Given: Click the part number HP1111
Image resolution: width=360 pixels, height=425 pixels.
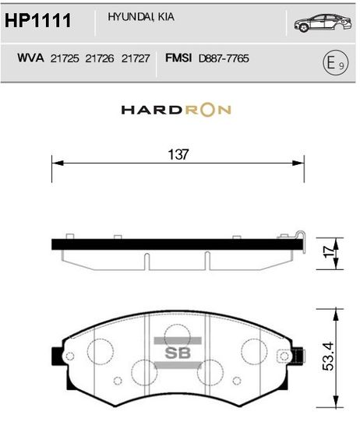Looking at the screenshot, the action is (x=37, y=20).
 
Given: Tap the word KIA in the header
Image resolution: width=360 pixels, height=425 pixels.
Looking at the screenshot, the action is (x=166, y=17).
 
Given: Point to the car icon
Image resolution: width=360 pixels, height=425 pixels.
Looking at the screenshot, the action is (x=323, y=23).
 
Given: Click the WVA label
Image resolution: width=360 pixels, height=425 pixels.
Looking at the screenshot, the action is (x=30, y=58).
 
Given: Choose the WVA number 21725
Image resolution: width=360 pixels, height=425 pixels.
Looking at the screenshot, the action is (x=65, y=58).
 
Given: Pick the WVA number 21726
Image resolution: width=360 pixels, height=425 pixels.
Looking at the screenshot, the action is (x=100, y=58).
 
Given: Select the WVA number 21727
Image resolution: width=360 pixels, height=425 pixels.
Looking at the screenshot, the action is (x=136, y=58).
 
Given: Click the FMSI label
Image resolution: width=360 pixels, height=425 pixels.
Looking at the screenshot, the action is (x=178, y=58).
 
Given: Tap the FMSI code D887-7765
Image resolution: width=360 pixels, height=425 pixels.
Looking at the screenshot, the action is (x=224, y=58).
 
